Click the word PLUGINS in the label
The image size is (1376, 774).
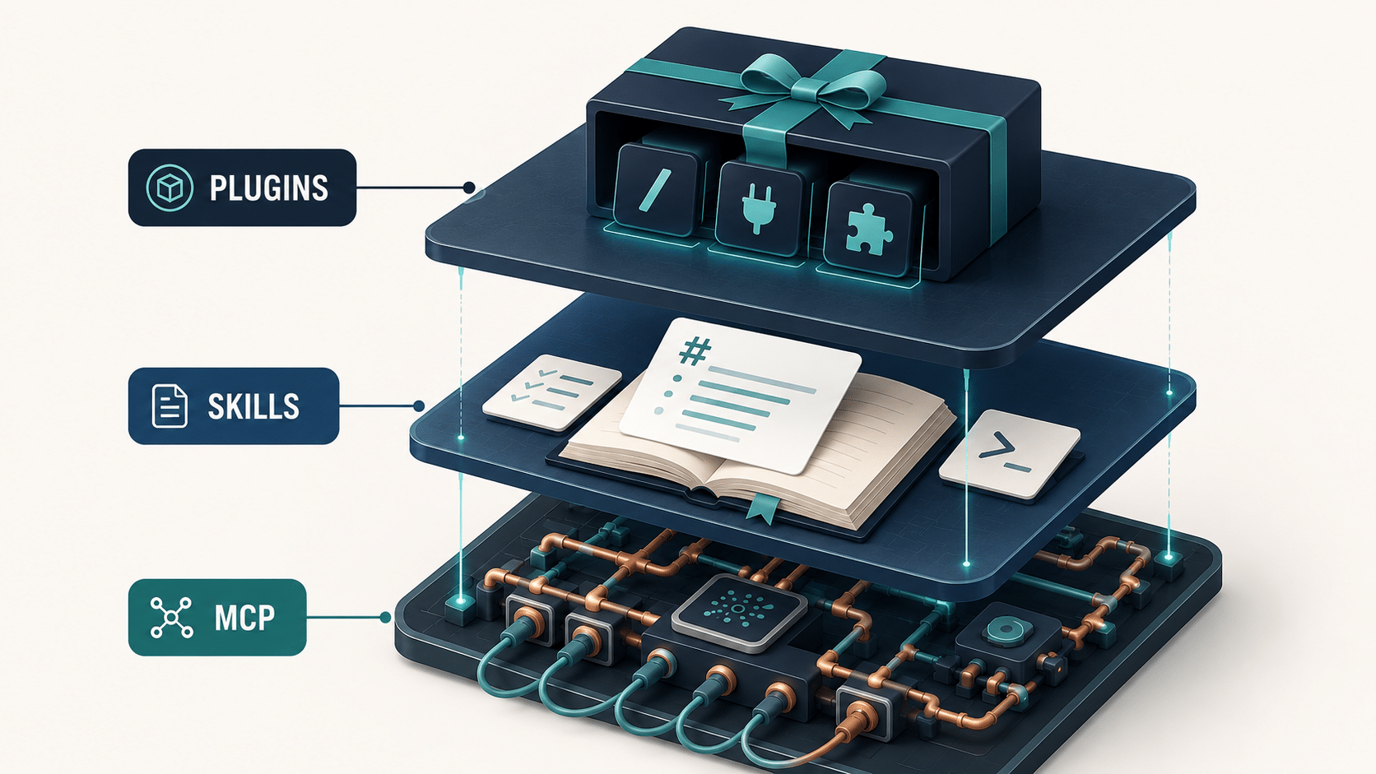coord(269,188)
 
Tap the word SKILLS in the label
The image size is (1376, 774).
coord(253,406)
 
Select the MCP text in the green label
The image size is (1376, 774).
coord(245,618)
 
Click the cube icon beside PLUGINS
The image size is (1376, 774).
coord(170,188)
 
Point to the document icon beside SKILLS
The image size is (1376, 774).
coord(169,406)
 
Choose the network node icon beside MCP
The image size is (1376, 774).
coord(171,617)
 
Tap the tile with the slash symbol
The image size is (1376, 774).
coord(656,190)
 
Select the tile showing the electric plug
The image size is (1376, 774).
coord(760,210)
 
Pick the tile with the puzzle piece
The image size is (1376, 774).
coord(868,230)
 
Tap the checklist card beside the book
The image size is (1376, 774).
coord(551,392)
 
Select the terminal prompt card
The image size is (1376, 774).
coord(1009,454)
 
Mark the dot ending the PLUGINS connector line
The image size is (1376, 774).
coord(469,188)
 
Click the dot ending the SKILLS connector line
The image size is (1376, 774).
coord(419,406)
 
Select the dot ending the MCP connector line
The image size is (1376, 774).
coord(386,618)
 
